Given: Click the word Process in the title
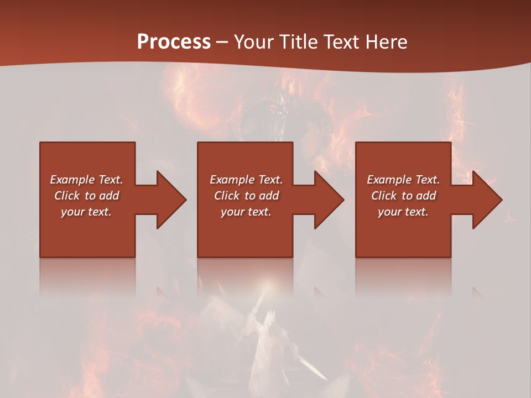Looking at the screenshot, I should click(x=174, y=41).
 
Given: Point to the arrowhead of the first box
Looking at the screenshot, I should click(x=170, y=200).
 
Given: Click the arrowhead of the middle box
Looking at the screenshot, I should click(x=329, y=200).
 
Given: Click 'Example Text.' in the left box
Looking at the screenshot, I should click(x=86, y=180).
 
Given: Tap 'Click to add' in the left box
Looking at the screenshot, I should click(x=86, y=196).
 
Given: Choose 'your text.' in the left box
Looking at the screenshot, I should click(x=86, y=212).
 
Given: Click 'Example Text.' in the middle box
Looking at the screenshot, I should click(x=246, y=180).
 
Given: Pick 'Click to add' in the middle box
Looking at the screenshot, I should click(x=246, y=196).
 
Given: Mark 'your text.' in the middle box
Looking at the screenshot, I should click(x=246, y=212).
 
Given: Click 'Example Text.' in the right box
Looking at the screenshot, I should click(x=403, y=180).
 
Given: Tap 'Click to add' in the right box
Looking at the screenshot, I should click(x=403, y=196).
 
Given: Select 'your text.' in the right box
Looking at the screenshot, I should click(x=403, y=212).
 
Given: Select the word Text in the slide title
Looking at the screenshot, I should click(x=342, y=41).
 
